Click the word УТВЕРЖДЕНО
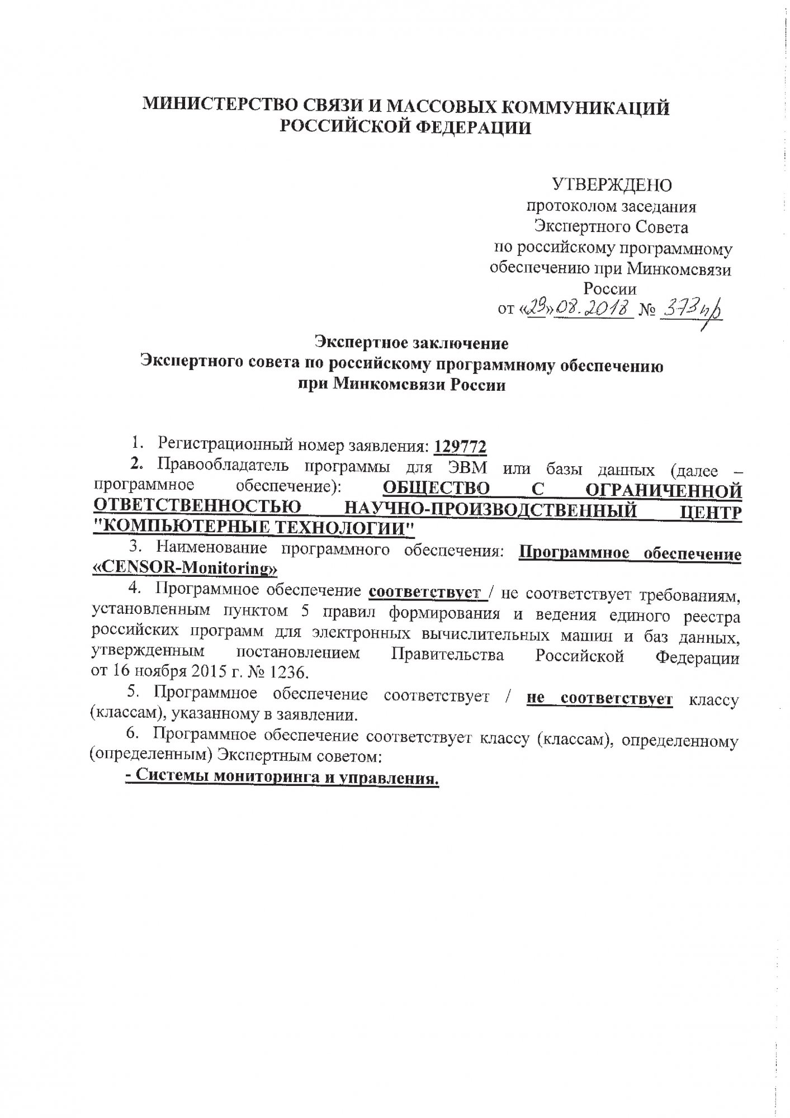tap(612, 185)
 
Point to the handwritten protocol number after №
tap(691, 309)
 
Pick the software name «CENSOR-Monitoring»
tap(185, 569)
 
